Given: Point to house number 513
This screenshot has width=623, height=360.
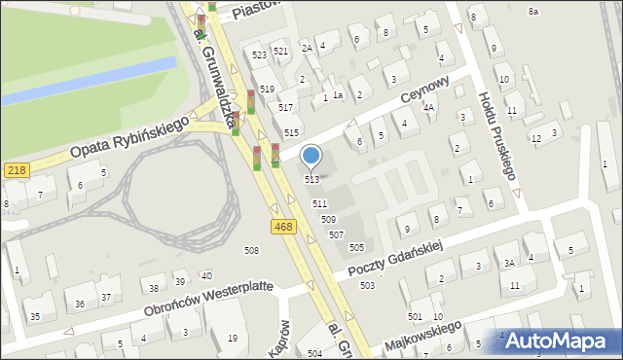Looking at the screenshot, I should click(x=311, y=179).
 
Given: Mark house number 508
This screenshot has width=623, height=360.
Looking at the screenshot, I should click(x=251, y=251).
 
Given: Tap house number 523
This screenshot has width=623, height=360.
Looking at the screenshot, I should click(x=259, y=55).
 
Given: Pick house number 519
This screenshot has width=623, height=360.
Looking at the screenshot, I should click(x=267, y=90).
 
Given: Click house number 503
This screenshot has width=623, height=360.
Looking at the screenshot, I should click(x=367, y=285).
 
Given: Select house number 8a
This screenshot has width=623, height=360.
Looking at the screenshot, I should click(x=532, y=11).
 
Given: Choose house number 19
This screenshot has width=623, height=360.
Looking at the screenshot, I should click(x=232, y=338).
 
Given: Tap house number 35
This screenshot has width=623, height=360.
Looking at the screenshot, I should click(x=34, y=317).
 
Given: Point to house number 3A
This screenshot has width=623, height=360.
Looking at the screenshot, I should click(x=509, y=263).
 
